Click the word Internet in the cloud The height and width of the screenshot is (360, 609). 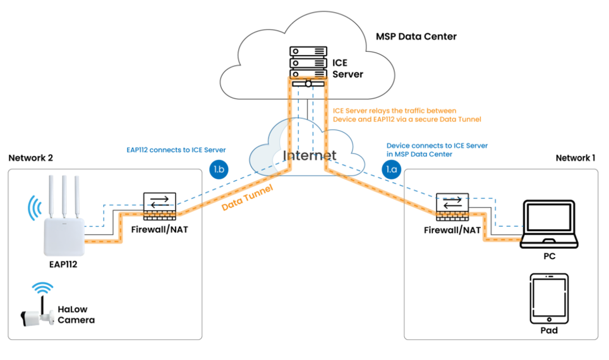[310, 156]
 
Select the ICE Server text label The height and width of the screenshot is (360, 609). [347, 68]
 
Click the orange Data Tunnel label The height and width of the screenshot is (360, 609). [248, 198]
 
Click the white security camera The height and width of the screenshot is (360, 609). [39, 318]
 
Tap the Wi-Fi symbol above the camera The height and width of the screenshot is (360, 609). [44, 289]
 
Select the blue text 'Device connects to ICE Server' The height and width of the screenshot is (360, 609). [437, 146]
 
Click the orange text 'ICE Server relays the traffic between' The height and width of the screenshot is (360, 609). [394, 111]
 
